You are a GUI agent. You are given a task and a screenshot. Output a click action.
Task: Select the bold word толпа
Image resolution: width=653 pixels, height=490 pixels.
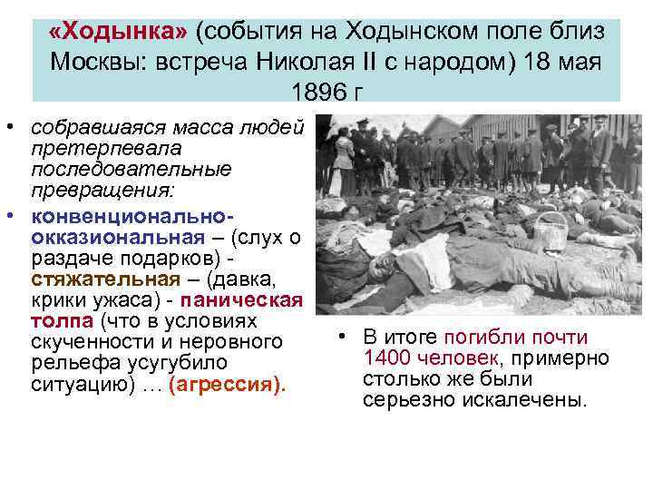pos(57,321)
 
